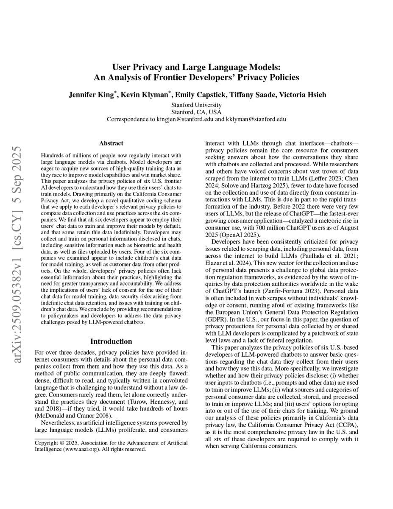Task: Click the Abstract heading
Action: pyautogui.click(x=111, y=143)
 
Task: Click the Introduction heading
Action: pyautogui.click(x=111, y=341)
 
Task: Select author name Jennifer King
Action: pyautogui.click(x=91, y=95)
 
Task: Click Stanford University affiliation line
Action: pyautogui.click(x=196, y=105)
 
